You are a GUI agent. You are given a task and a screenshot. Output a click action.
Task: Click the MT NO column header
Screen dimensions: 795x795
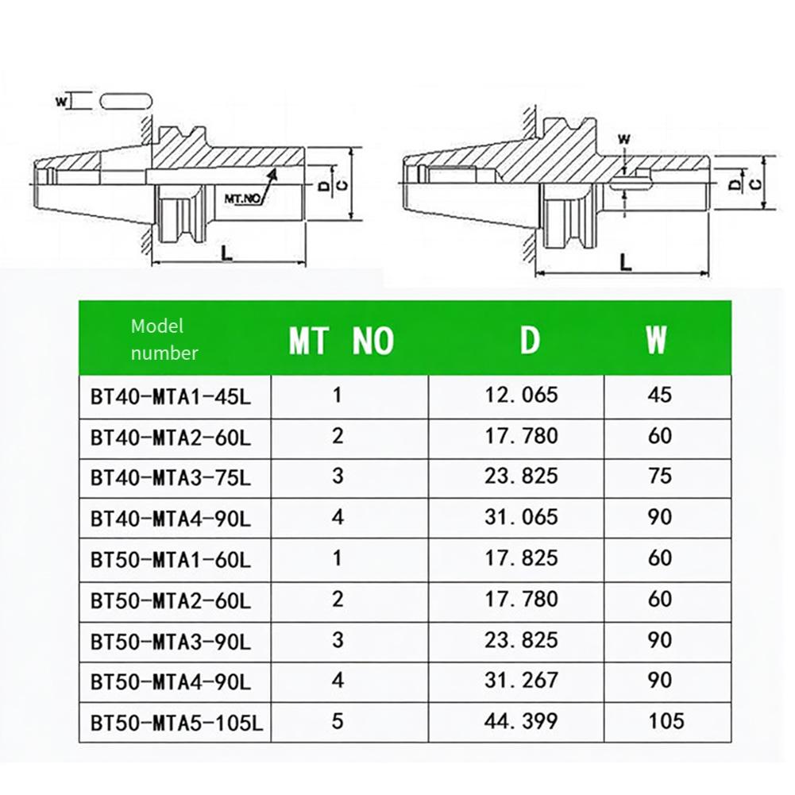341,342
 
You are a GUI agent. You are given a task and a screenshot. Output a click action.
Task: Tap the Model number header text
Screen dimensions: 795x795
164,339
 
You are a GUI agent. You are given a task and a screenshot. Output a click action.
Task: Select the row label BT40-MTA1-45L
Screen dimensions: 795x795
170,396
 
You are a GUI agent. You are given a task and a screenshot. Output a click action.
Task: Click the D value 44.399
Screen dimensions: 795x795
522,721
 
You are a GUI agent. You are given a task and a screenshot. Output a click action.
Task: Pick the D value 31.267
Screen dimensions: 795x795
522,681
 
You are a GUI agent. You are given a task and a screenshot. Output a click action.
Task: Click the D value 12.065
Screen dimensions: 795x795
522,395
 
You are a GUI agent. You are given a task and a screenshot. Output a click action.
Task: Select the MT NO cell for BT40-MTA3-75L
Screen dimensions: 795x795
338,477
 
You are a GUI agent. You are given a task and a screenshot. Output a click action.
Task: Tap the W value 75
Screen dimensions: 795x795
660,477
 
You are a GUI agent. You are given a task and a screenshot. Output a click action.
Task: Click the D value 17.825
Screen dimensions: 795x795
522,558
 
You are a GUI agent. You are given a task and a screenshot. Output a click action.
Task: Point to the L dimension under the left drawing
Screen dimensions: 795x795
226,253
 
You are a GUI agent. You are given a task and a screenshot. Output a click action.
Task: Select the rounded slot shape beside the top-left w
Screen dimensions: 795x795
125,101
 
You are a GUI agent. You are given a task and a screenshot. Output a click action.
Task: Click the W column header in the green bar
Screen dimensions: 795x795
656,342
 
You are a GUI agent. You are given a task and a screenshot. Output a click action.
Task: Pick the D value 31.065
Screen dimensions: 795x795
522,517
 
